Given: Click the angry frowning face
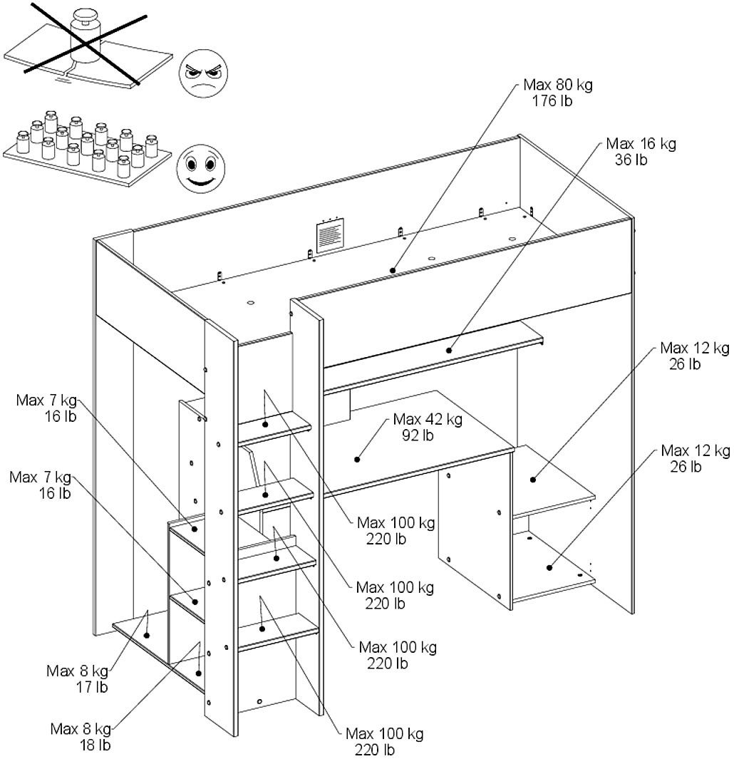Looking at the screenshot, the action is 203,73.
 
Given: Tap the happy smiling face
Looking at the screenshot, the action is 200,169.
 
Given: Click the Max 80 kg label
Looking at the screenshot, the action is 558,85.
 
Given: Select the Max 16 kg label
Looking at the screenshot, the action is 641,144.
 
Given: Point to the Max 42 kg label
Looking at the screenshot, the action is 428,419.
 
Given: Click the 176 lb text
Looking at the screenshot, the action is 552,100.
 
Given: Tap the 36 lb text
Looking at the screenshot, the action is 631,160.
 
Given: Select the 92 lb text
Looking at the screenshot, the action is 418,435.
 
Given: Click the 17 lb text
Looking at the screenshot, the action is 91,687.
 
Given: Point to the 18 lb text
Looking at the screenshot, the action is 95,745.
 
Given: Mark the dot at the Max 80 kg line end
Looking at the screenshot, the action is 393,270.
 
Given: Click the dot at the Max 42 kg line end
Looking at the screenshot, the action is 357,460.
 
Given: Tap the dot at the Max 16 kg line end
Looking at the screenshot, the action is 449,350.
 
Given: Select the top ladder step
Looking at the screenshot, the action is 274,428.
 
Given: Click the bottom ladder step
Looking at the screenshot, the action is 278,632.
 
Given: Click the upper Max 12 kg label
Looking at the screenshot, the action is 695,348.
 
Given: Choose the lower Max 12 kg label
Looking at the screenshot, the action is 696,450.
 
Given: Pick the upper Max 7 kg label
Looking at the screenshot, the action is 46,401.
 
